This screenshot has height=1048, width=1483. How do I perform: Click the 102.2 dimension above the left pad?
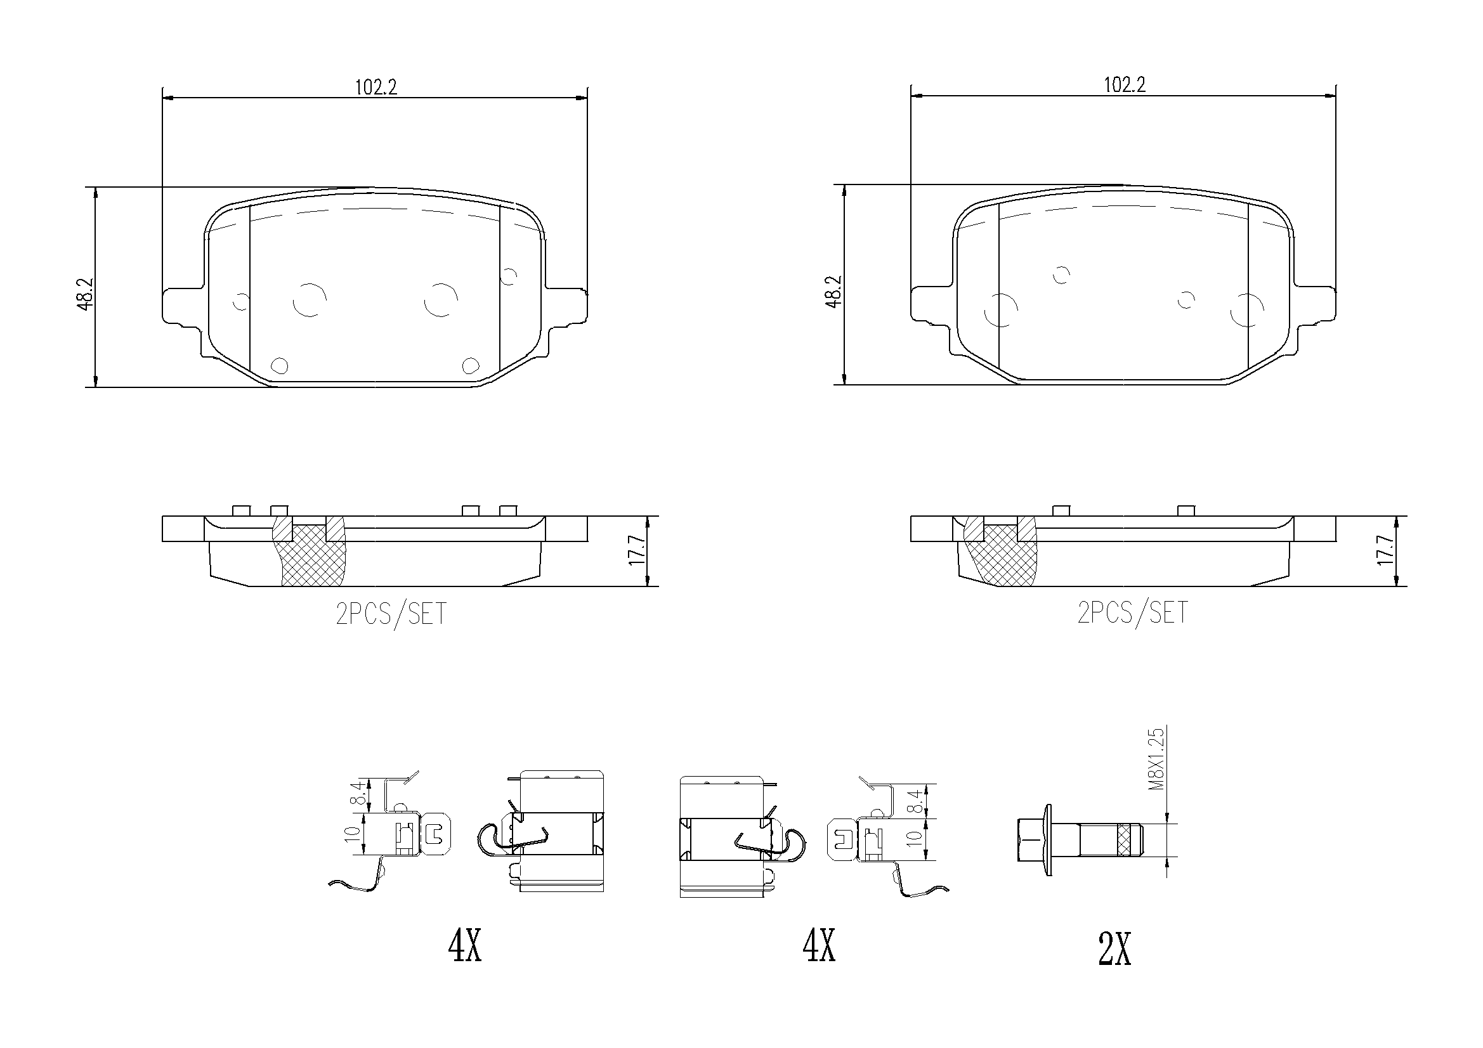(376, 87)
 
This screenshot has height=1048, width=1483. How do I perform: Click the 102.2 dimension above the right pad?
(1125, 85)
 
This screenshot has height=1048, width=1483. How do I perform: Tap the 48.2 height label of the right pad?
(834, 292)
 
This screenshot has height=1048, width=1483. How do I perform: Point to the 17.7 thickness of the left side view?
(637, 550)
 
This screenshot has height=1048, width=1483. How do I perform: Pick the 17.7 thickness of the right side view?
(1385, 550)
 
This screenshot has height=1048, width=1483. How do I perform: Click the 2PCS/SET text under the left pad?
(391, 614)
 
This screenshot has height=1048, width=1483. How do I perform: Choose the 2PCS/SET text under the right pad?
(1132, 612)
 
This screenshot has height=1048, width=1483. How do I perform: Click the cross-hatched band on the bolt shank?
(1126, 840)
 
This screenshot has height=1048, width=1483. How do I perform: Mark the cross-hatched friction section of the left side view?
(311, 555)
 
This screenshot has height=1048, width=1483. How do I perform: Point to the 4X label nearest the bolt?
(819, 946)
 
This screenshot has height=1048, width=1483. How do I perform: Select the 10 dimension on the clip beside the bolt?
(913, 839)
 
